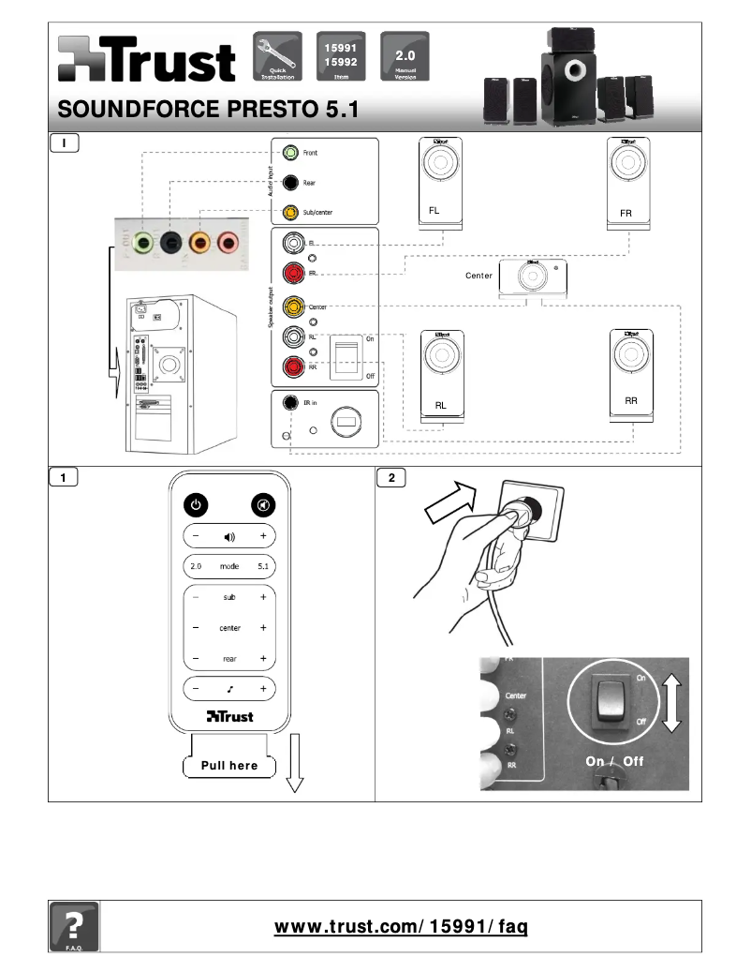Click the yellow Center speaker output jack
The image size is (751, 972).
click(294, 307)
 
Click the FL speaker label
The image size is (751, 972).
click(434, 211)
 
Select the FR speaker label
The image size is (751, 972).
click(626, 214)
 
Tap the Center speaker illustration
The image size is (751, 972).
click(531, 276)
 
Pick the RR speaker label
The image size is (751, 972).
click(630, 400)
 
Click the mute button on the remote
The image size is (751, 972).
click(263, 505)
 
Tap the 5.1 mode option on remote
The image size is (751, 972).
click(263, 567)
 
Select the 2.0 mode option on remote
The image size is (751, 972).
click(196, 567)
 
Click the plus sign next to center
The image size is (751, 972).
click(263, 628)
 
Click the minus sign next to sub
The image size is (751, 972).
click(196, 597)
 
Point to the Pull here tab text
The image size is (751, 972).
click(229, 766)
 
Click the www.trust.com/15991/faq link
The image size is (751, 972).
click(401, 927)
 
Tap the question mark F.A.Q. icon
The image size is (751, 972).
click(73, 927)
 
